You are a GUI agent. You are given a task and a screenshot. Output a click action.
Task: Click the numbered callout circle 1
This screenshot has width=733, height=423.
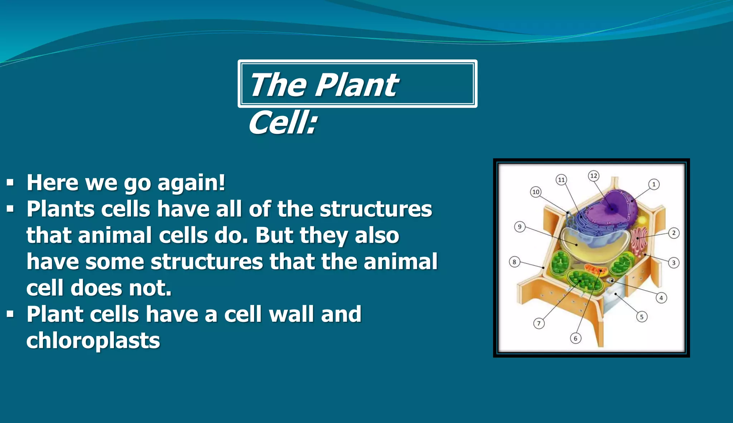(x=654, y=184)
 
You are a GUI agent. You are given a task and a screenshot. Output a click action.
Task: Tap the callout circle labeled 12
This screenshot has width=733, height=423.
(x=594, y=176)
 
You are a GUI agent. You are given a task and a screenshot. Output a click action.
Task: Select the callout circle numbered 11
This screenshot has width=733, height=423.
(x=561, y=180)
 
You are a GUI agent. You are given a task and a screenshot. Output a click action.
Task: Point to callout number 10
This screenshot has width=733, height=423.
(x=535, y=192)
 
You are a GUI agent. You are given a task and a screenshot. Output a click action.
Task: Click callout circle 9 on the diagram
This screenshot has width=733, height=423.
(x=520, y=227)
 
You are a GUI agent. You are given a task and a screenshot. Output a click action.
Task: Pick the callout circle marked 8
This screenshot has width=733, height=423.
(x=514, y=262)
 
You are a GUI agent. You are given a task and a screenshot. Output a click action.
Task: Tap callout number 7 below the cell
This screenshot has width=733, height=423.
(x=539, y=324)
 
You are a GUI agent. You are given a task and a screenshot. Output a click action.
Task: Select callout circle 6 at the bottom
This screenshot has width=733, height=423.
(x=576, y=338)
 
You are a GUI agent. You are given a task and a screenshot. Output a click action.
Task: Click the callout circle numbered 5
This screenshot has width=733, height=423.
(x=642, y=317)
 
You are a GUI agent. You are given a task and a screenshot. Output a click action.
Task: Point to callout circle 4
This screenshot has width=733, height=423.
(x=661, y=298)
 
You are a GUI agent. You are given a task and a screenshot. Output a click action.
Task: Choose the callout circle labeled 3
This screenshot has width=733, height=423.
(x=674, y=263)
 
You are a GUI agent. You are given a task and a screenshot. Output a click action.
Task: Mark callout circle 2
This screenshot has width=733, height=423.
(x=674, y=233)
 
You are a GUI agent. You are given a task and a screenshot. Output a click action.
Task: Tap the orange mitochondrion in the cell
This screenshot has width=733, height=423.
(x=596, y=269)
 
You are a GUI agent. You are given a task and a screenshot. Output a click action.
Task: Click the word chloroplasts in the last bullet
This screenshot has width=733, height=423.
(x=93, y=340)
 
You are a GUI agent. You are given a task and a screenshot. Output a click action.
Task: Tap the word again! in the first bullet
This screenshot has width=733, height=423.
(x=191, y=183)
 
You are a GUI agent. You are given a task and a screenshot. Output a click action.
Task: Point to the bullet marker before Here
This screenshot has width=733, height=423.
(x=10, y=183)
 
